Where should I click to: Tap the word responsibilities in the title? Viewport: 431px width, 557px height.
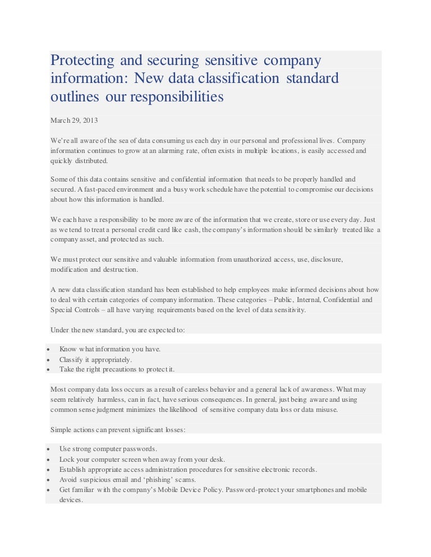click(x=177, y=97)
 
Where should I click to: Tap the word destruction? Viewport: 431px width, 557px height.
click(x=119, y=270)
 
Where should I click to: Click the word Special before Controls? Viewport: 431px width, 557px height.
click(x=61, y=309)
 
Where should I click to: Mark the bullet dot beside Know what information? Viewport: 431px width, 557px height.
click(x=49, y=349)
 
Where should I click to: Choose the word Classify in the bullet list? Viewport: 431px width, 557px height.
click(x=71, y=359)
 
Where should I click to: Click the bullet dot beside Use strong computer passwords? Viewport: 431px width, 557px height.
click(x=49, y=449)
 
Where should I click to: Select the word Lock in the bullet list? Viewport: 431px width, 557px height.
click(x=66, y=459)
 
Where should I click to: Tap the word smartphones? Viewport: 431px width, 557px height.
click(x=313, y=490)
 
